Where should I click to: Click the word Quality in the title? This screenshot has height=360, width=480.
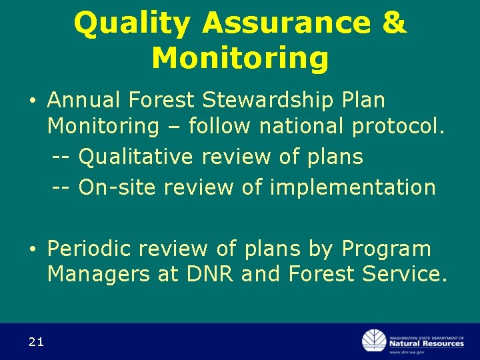coord(133,24)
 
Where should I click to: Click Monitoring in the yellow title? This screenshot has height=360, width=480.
coord(240,58)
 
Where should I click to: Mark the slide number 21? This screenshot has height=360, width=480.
coord(36,342)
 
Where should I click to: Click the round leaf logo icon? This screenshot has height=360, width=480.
coord(374,341)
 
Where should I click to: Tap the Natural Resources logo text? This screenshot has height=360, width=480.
coord(427,343)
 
